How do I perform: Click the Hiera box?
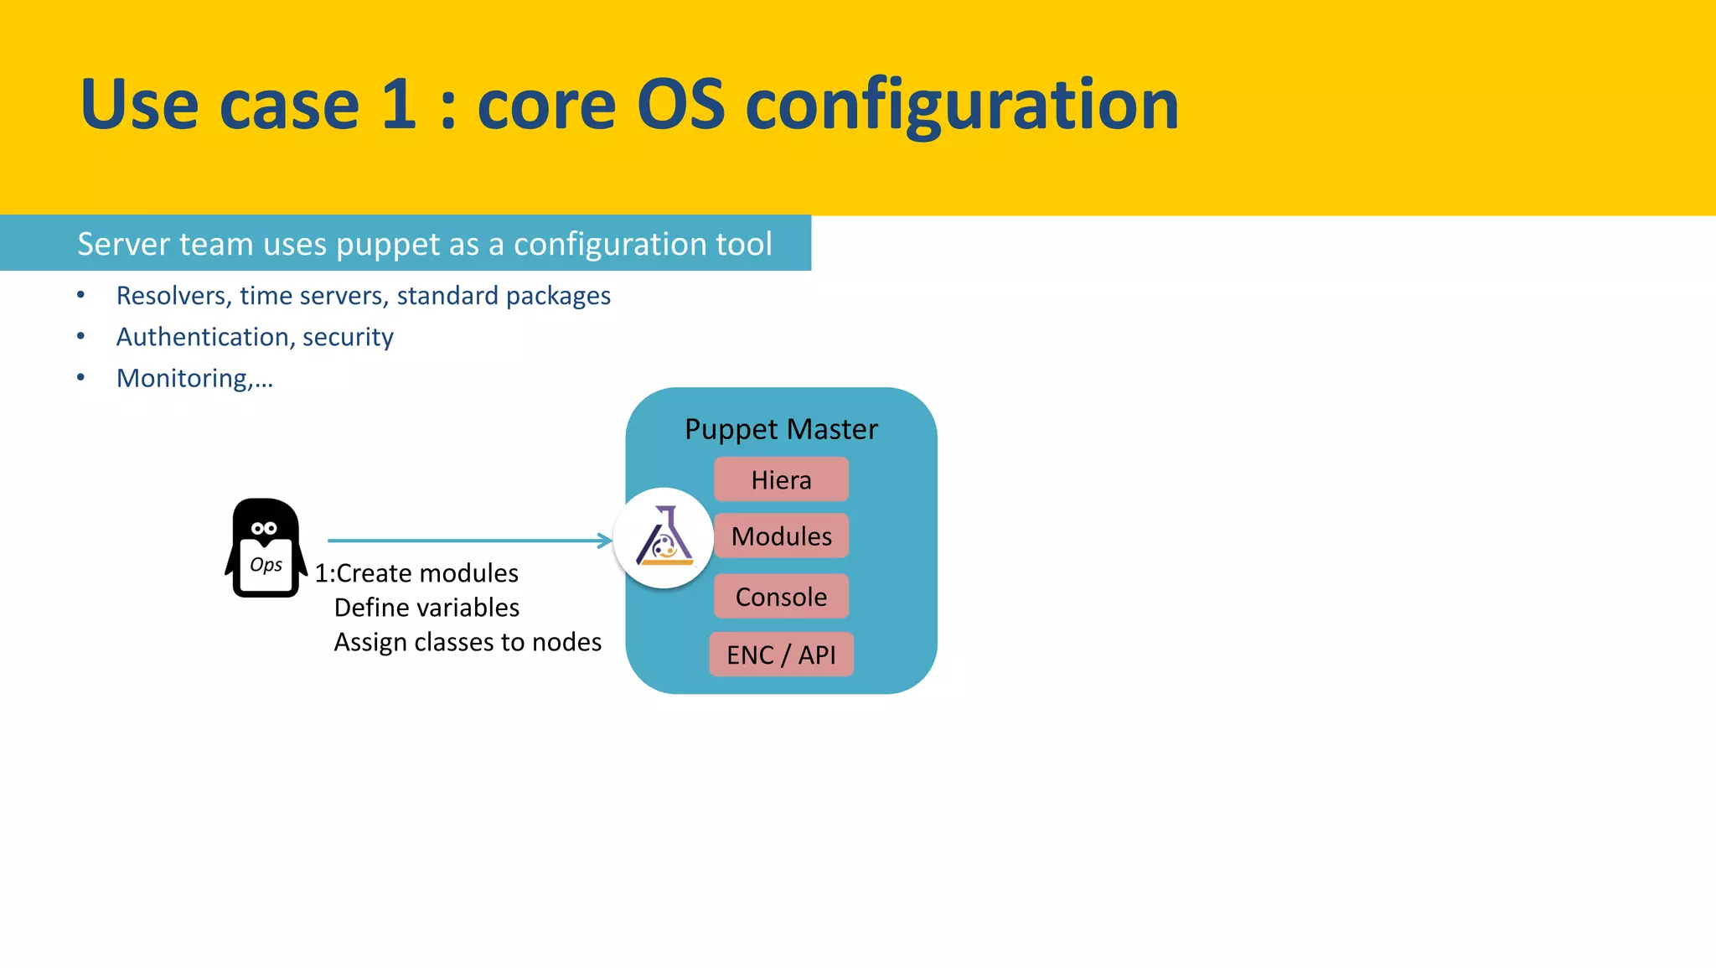point(781,479)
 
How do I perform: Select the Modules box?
point(781,536)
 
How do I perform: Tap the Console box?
point(781,597)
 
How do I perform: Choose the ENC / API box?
point(781,655)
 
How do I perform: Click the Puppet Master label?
point(781,429)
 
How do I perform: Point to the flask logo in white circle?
point(664,538)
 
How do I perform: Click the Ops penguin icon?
point(266,548)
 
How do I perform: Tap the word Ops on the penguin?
point(266,565)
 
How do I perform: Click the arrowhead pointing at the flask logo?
point(606,541)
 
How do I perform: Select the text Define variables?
point(426,608)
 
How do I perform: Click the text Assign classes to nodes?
point(468,642)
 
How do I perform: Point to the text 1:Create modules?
point(416,573)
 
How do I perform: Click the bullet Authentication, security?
point(255,337)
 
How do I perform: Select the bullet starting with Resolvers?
point(363,296)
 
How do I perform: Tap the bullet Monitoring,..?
point(194,379)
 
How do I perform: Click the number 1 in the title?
point(398,105)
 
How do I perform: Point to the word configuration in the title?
point(962,105)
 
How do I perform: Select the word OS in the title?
point(680,105)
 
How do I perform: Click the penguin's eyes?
point(264,528)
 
